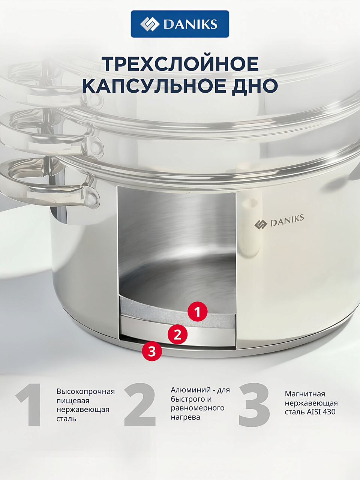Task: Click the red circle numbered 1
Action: pos(198,312)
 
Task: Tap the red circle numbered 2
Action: pos(177,334)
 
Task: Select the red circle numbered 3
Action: pos(152,352)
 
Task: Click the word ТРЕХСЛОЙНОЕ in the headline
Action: pos(180,64)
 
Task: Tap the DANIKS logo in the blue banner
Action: pos(180,24)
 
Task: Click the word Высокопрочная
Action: pos(85,391)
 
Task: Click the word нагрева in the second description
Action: pos(185,417)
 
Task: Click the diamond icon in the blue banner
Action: pos(150,24)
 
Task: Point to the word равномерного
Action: pos(198,408)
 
